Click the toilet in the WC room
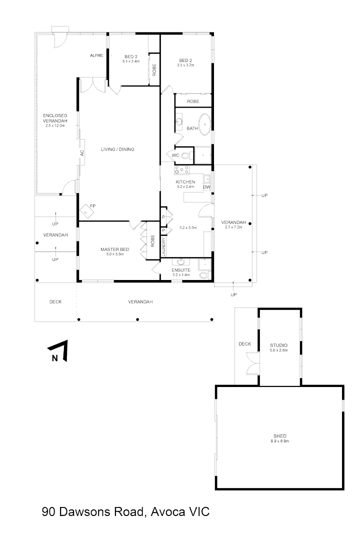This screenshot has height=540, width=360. pos(185,155)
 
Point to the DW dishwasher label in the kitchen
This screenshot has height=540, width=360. pos(206,187)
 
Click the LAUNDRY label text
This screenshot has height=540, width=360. pos(163,246)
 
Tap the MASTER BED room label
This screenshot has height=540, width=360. pos(115,249)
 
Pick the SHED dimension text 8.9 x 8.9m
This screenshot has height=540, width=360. pos(279,441)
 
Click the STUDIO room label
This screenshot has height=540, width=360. pos(279,345)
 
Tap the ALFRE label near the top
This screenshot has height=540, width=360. pos(96,55)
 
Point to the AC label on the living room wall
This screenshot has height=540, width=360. pos(81,153)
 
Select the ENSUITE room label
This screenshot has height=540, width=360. pos(181,270)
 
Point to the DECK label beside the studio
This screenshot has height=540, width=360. pos(244,343)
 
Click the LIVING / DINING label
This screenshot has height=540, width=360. pos(117,149)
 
